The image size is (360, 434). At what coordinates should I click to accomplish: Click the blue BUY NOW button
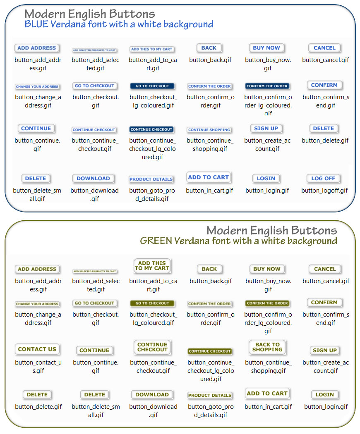click(266, 48)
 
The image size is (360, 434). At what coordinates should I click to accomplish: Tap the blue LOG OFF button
click(323, 179)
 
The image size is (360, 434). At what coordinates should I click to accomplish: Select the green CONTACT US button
click(37, 349)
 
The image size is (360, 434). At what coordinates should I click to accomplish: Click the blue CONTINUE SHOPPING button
click(209, 130)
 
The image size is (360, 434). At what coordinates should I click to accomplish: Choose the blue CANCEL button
click(324, 48)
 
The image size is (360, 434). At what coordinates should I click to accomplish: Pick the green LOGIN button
click(325, 395)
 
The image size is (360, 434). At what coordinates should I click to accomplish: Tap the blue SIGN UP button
click(266, 129)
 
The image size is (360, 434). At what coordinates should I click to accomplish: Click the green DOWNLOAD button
click(152, 395)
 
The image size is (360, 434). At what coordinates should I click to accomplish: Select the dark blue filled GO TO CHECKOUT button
click(152, 86)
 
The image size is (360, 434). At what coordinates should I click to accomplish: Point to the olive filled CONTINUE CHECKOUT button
click(210, 351)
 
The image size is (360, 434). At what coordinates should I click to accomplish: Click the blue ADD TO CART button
click(208, 177)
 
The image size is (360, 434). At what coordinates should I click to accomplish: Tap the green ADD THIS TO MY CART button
click(152, 266)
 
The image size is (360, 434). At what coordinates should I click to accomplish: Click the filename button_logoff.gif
click(324, 191)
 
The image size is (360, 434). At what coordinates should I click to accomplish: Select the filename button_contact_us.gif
click(38, 367)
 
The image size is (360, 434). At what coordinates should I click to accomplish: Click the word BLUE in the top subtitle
click(36, 24)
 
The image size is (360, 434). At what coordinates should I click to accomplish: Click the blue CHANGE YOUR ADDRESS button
click(37, 87)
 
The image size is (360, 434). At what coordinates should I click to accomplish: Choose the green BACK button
click(209, 269)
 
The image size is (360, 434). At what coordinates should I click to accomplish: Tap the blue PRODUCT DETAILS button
click(151, 179)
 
